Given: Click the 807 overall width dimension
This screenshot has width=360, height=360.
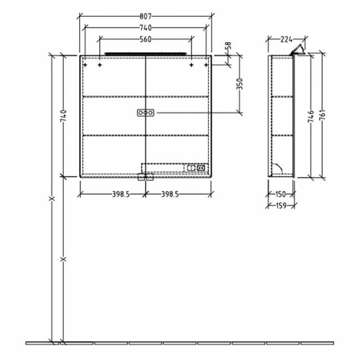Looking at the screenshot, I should [145, 17].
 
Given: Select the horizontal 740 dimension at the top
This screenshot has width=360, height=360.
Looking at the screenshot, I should [145, 28].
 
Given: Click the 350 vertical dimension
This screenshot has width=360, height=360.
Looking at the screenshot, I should [239, 84].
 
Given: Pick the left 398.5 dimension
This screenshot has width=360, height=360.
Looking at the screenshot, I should [113, 194].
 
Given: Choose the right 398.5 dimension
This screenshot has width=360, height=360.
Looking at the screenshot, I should [177, 194].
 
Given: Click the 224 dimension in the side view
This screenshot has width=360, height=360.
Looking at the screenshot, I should [286, 39].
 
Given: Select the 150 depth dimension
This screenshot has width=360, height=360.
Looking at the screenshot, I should [281, 194].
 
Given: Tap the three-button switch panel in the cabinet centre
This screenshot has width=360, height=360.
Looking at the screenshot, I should [145, 113].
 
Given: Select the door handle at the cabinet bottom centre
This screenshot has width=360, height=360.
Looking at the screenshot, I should [145, 177].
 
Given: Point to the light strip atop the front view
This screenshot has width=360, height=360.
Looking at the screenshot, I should [145, 54].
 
